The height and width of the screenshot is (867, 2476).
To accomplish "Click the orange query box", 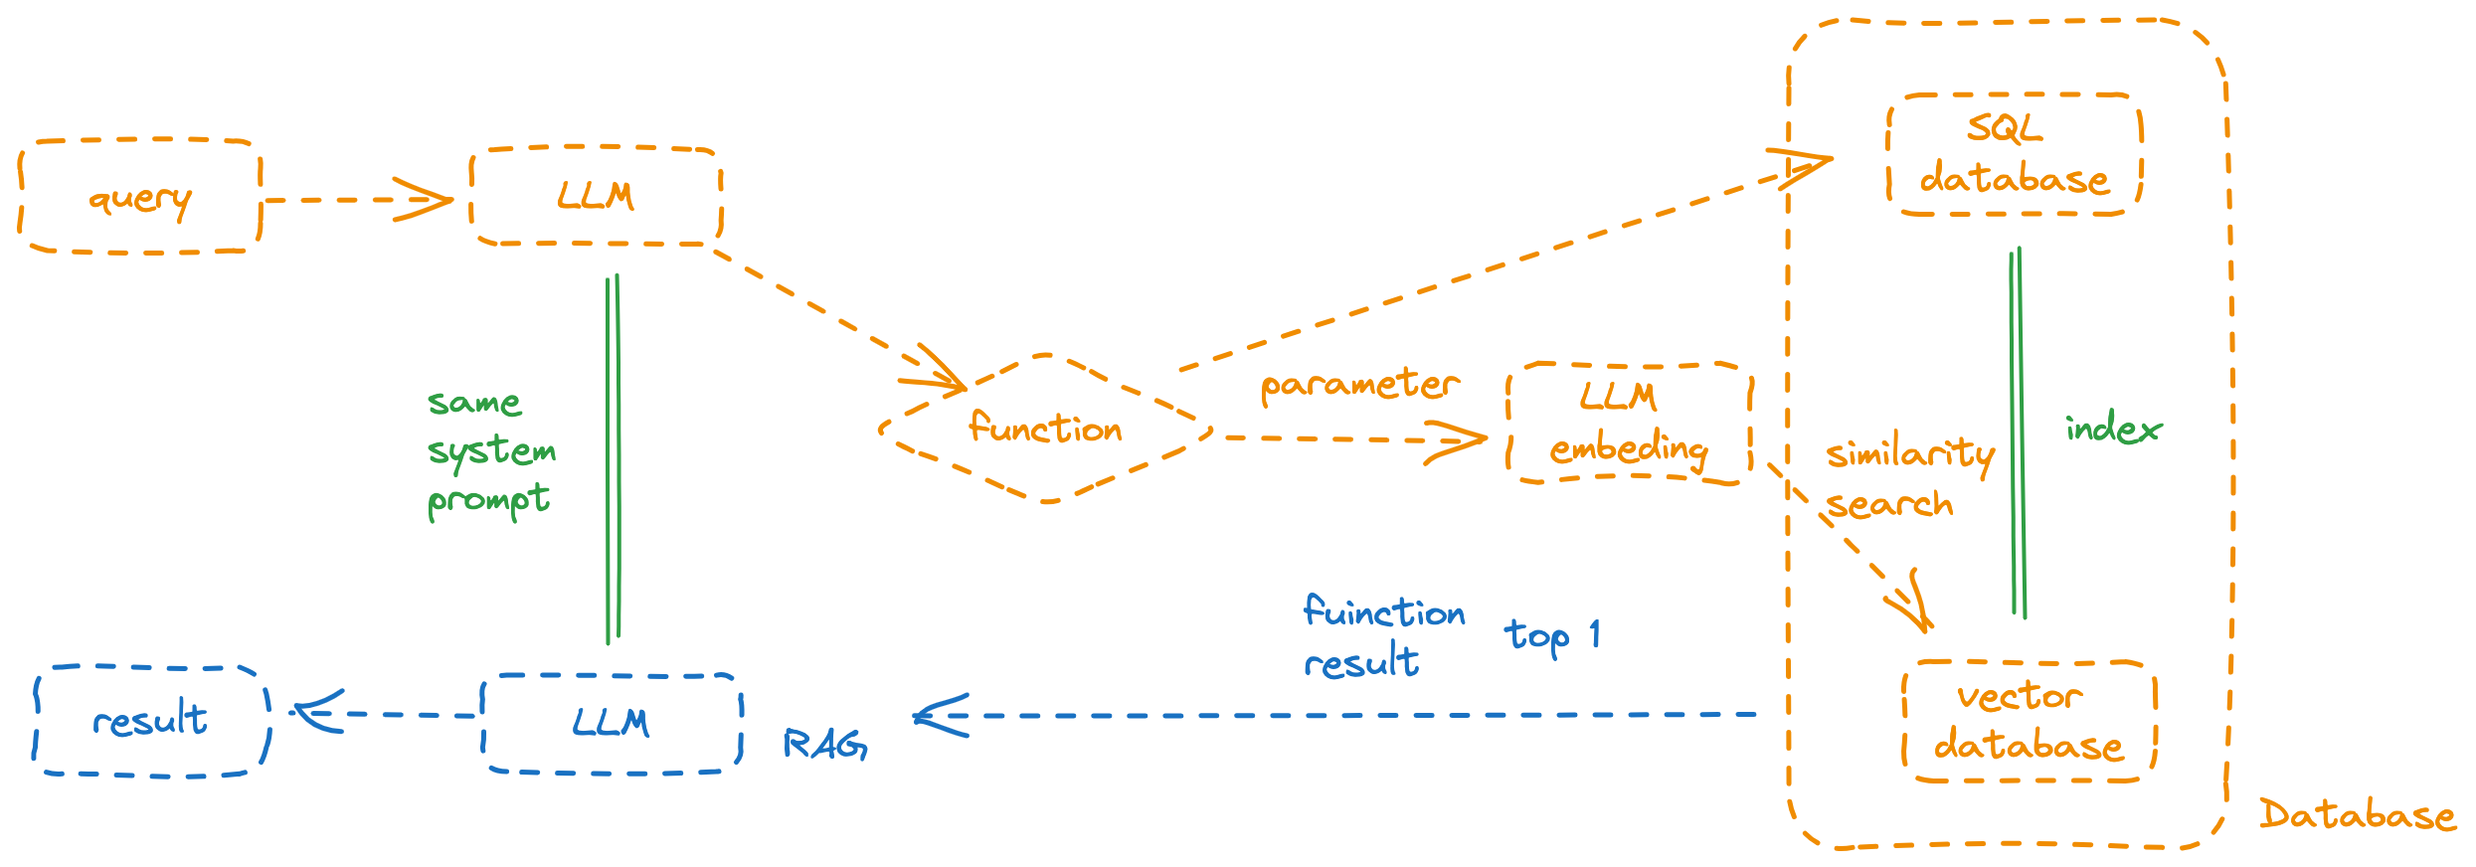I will point(140,197).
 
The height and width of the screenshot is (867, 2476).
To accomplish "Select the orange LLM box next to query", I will point(596,196).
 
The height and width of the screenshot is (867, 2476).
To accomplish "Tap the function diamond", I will point(1046,429).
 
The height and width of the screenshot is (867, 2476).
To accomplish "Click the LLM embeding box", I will point(1629,424).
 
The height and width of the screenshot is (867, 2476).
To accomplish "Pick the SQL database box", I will point(2014,154).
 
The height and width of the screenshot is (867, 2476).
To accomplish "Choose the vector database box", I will point(2029,722).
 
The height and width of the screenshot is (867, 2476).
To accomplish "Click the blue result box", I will point(151,720).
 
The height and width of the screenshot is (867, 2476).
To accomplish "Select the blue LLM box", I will point(612,723).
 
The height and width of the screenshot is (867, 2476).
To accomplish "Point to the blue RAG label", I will point(824,744).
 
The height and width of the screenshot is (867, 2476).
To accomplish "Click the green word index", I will point(2113,430).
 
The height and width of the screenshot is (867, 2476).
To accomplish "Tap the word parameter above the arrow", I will point(1359,385).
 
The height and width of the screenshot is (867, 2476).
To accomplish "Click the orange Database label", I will point(2357,815).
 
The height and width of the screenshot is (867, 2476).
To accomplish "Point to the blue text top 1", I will point(1551,635).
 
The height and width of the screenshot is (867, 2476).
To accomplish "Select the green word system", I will point(491,452).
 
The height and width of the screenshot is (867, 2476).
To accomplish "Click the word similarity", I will point(1909,454).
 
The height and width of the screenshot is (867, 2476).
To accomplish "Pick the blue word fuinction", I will point(1384,611).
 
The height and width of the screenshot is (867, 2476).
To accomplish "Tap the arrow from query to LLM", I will point(358,200).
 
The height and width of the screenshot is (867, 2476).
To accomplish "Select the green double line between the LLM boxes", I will point(614,457).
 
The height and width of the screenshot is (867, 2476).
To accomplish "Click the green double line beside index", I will point(2018,433).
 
